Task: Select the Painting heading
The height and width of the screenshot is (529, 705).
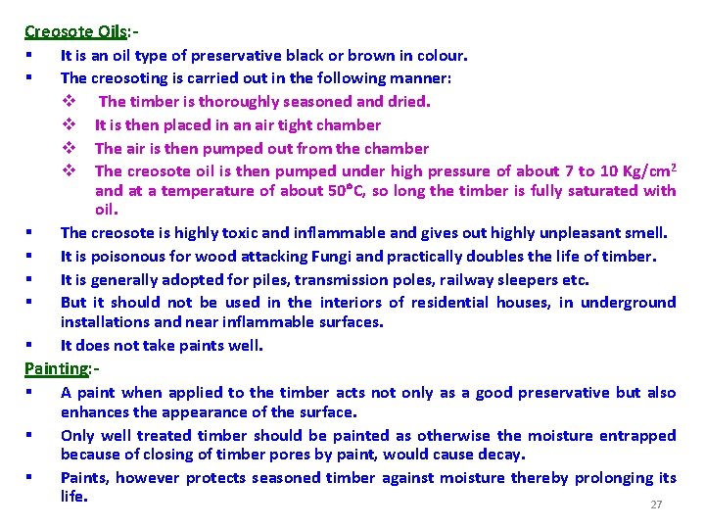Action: (x=56, y=368)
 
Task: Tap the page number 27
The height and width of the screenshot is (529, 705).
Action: (x=656, y=505)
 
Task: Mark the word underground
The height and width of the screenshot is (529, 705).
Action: (x=629, y=303)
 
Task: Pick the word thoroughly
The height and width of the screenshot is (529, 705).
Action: (x=236, y=101)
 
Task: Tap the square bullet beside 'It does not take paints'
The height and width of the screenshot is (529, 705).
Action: (x=31, y=346)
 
